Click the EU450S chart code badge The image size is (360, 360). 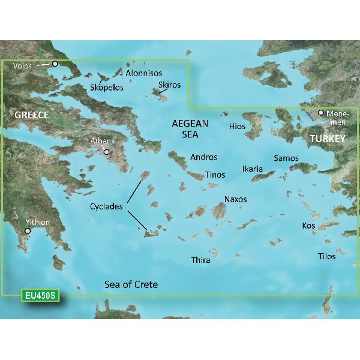click(41, 296)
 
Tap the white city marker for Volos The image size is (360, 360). click(55, 64)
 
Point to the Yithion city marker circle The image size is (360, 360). click(28, 230)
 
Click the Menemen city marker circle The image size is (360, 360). click(321, 113)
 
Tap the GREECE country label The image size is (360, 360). click(31, 115)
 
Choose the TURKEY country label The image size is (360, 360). click(327, 139)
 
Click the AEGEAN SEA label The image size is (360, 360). click(190, 129)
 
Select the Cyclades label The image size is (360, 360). click(106, 206)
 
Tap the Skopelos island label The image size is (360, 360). click(106, 87)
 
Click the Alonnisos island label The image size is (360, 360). click(144, 73)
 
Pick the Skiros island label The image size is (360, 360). click(169, 85)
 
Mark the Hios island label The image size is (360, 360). click(237, 127)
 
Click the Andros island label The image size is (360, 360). click(203, 157)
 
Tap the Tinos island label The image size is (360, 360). click(215, 175)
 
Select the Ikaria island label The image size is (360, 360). click(253, 169)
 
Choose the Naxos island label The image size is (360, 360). click(235, 199)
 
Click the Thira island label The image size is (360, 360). click(200, 260)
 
